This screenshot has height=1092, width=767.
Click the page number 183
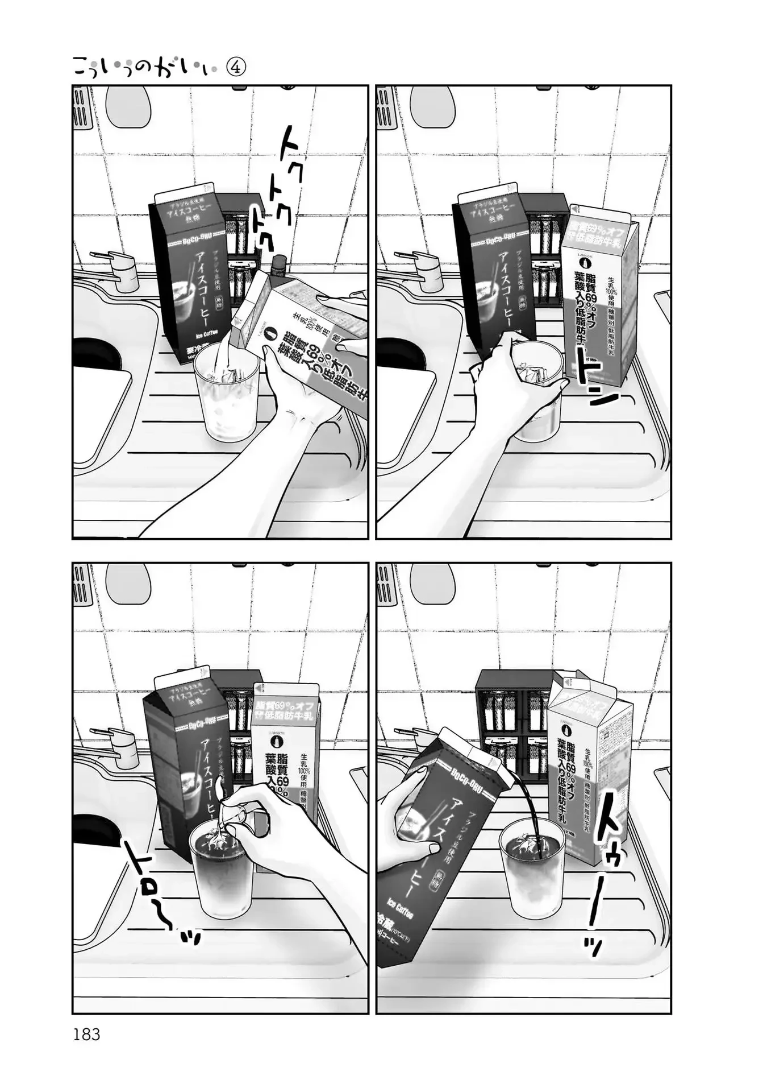pyautogui.click(x=86, y=1035)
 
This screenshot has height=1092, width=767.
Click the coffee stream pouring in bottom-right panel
pyautogui.click(x=526, y=808)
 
